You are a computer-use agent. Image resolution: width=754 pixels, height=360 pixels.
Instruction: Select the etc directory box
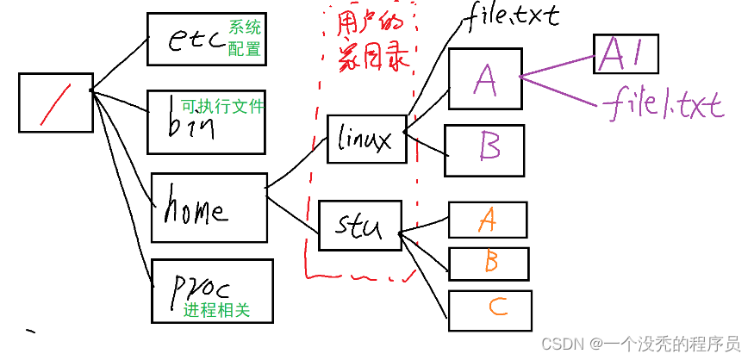point(205,40)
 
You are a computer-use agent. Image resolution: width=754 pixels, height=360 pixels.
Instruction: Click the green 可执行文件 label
point(222,107)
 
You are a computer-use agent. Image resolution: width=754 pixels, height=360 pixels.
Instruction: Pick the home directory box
point(208,207)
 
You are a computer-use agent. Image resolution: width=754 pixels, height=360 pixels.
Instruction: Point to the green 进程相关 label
point(216,310)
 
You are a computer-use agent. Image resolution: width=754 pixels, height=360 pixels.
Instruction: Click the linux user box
point(366,138)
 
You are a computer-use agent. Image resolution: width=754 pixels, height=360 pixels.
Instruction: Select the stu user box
point(358,224)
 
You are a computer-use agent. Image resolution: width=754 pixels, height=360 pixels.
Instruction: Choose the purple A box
point(485,79)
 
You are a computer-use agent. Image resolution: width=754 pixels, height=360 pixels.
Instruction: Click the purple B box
point(483,150)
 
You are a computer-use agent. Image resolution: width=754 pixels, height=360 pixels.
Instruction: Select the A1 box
point(626,54)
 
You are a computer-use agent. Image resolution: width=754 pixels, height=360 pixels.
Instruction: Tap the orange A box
point(487,220)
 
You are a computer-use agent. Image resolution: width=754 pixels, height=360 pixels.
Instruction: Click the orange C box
point(490,310)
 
